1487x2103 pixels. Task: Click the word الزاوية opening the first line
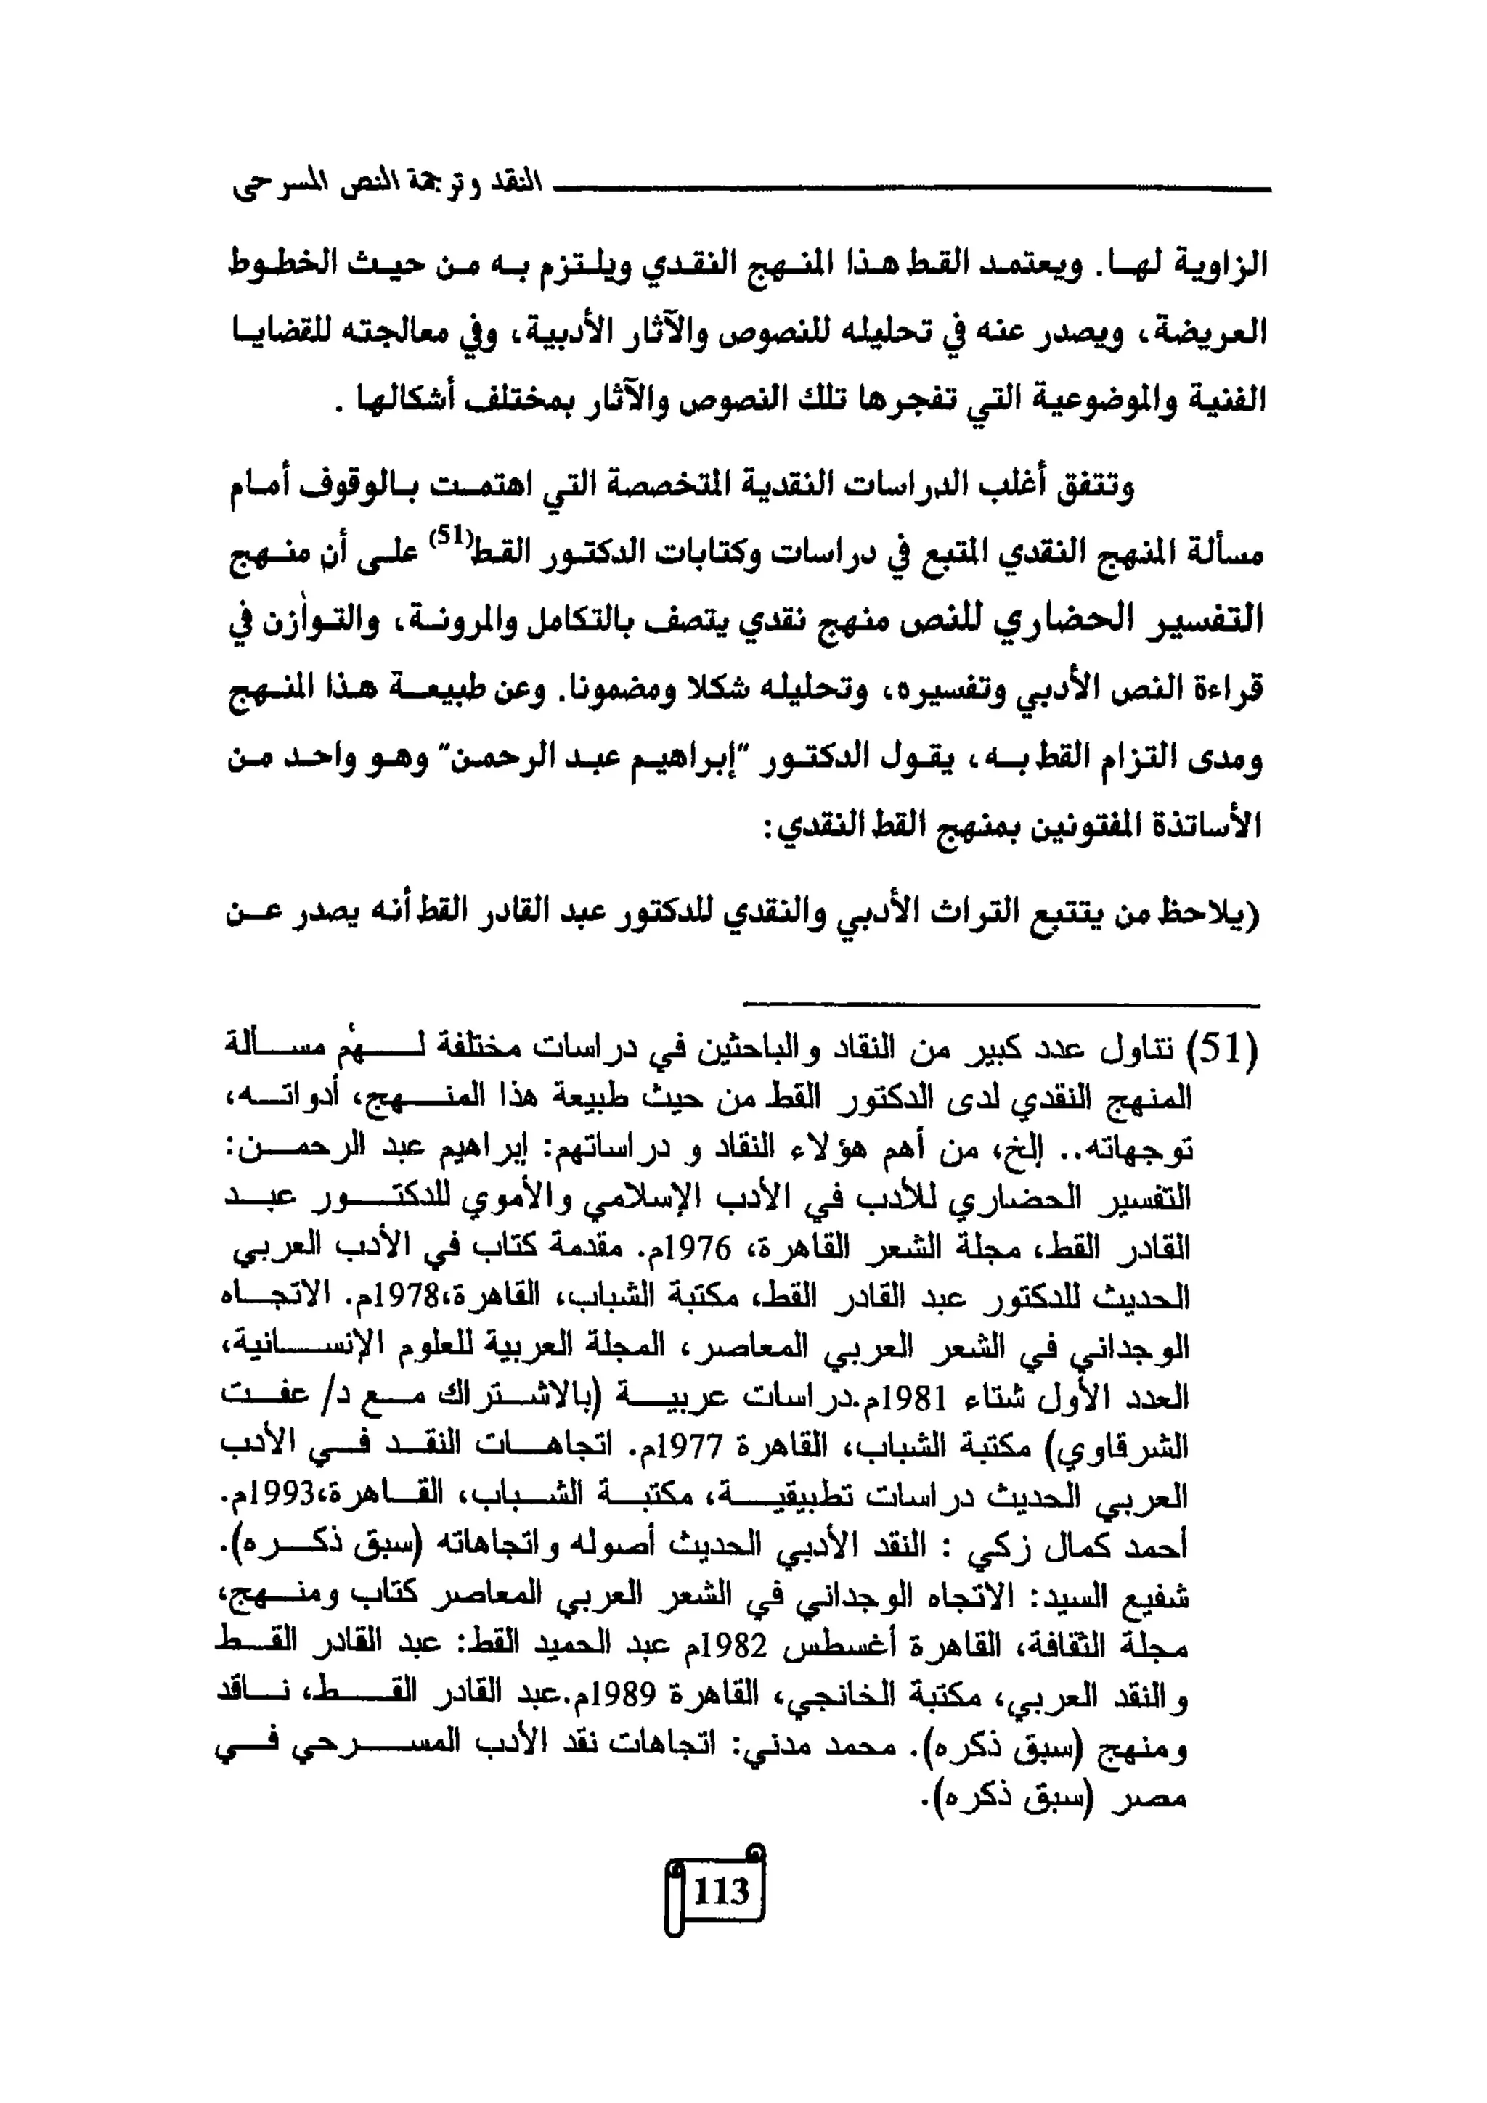[x=1214, y=265]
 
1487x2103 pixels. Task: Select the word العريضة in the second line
[x=1211, y=332]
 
